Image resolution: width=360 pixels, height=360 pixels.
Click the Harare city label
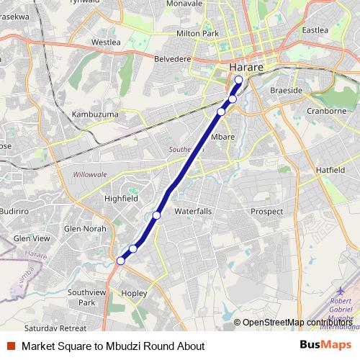(x=246, y=67)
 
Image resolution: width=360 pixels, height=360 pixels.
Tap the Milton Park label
(x=197, y=33)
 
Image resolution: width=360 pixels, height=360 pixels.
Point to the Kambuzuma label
(x=95, y=114)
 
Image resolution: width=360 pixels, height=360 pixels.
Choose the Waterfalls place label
(x=193, y=211)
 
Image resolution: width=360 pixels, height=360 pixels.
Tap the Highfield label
(x=121, y=198)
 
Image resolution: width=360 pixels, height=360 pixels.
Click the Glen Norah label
(x=84, y=228)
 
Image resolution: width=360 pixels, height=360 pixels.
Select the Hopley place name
(x=135, y=293)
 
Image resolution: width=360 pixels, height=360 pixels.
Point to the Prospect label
(x=267, y=211)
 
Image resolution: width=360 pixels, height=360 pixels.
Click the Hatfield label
(x=330, y=169)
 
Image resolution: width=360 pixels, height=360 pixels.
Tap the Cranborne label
(x=326, y=112)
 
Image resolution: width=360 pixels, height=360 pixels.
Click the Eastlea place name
(x=315, y=30)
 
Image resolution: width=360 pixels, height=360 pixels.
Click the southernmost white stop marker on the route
(x=121, y=261)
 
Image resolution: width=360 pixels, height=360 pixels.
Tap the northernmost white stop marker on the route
(x=238, y=80)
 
